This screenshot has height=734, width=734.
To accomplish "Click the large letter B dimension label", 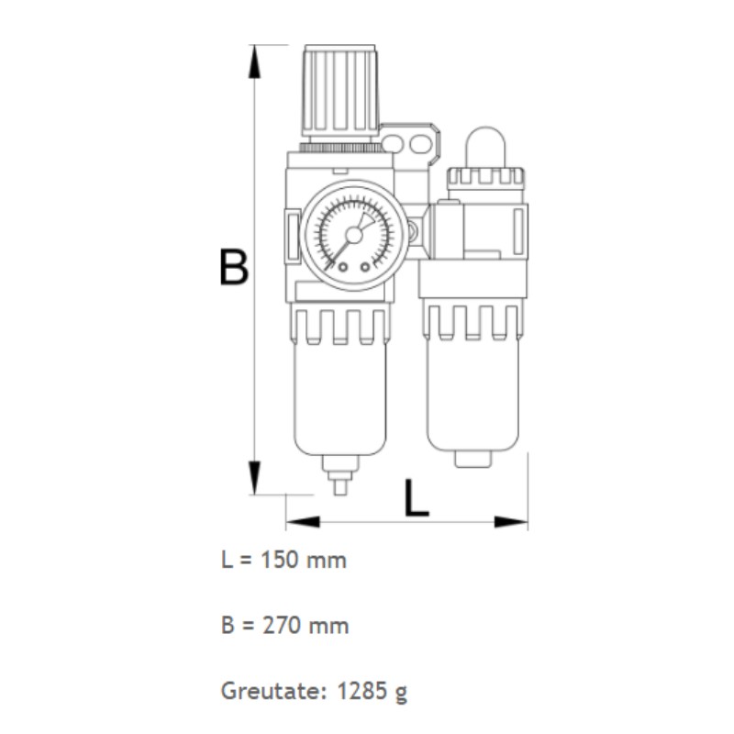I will pos(235,267).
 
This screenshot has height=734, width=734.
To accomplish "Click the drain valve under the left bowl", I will pos(339,476).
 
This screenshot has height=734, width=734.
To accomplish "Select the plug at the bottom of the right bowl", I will pos(472,457).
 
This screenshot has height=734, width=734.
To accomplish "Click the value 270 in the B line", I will pos(281,626).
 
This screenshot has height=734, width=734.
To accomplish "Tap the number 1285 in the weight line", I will pos(361,691).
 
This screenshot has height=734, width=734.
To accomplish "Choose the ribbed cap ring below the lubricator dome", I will pos(484,177).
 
